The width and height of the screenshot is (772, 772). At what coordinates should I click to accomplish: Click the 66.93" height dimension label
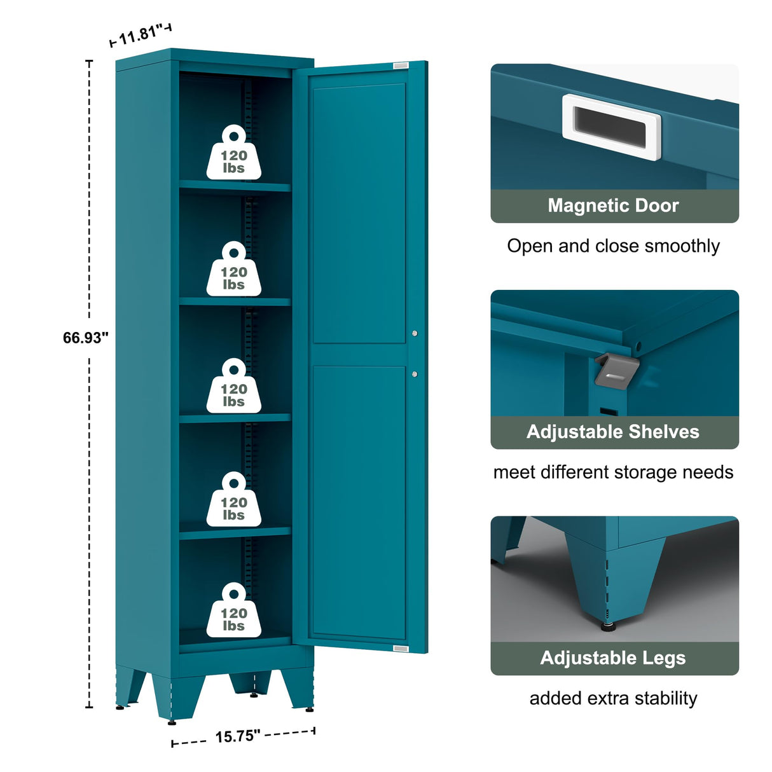85,338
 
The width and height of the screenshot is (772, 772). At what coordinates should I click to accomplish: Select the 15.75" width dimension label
237,736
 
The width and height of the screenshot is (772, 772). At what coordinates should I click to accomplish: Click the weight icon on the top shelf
233,153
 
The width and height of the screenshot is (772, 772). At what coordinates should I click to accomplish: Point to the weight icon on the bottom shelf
233,611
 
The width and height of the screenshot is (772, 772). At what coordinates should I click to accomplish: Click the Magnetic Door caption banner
614,206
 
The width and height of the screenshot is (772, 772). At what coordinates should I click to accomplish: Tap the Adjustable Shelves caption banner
614,432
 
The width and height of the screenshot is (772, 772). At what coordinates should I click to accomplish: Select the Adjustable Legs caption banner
614,658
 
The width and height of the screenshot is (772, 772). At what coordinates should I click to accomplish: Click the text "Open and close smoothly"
614,246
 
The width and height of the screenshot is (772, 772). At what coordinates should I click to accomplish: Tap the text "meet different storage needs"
614,472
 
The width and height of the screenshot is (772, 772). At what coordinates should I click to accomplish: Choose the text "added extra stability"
614,698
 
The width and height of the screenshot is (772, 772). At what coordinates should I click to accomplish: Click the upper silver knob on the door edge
415,333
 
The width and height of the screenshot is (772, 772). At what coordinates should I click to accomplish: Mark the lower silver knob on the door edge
415,374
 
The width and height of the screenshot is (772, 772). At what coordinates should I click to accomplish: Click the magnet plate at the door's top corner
401,65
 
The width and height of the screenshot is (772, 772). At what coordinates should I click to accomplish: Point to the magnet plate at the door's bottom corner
401,648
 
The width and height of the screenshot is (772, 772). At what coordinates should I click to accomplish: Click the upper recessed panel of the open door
359,214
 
